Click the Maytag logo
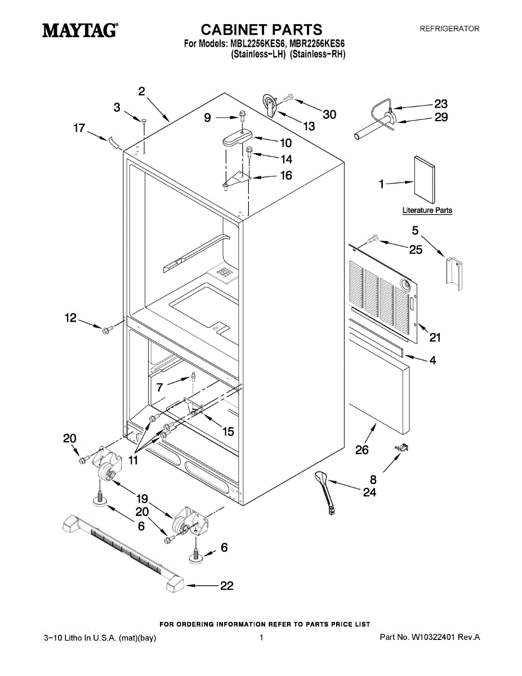(x=80, y=30)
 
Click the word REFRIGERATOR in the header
(x=449, y=28)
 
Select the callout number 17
(x=79, y=128)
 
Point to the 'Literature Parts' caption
(x=427, y=211)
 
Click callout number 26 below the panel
(x=362, y=450)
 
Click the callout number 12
(x=70, y=318)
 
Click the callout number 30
(x=329, y=114)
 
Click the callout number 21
(x=435, y=337)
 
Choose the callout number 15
(x=228, y=432)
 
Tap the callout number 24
(x=369, y=492)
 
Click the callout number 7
(x=160, y=387)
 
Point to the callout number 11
(x=133, y=460)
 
